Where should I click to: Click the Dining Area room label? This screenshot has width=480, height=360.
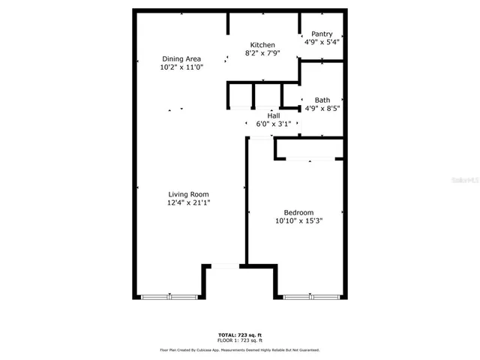tap(181, 58)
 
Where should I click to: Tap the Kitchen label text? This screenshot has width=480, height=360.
tap(262, 45)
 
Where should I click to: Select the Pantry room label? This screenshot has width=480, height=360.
tap(322, 34)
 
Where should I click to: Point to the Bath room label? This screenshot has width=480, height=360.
tap(322, 100)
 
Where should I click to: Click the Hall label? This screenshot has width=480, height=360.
tap(273, 115)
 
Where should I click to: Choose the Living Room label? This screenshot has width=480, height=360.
tap(188, 194)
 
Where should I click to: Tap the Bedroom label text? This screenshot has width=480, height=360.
tap(298, 212)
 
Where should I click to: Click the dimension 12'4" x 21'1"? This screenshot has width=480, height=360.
tap(188, 202)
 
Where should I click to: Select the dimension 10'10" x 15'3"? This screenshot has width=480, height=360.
tap(298, 220)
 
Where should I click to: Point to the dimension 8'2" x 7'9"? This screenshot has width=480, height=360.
tap(262, 53)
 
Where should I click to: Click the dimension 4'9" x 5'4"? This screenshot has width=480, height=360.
tap(322, 42)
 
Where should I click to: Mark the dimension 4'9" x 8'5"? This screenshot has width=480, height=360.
tap(322, 108)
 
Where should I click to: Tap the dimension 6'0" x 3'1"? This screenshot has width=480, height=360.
tap(273, 124)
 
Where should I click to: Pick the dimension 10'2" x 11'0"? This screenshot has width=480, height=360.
tap(181, 67)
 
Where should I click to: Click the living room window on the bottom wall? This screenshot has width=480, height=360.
tap(169, 297)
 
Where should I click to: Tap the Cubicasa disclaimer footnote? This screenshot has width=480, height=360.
tap(239, 349)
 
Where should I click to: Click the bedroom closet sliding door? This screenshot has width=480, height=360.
tap(310, 159)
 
